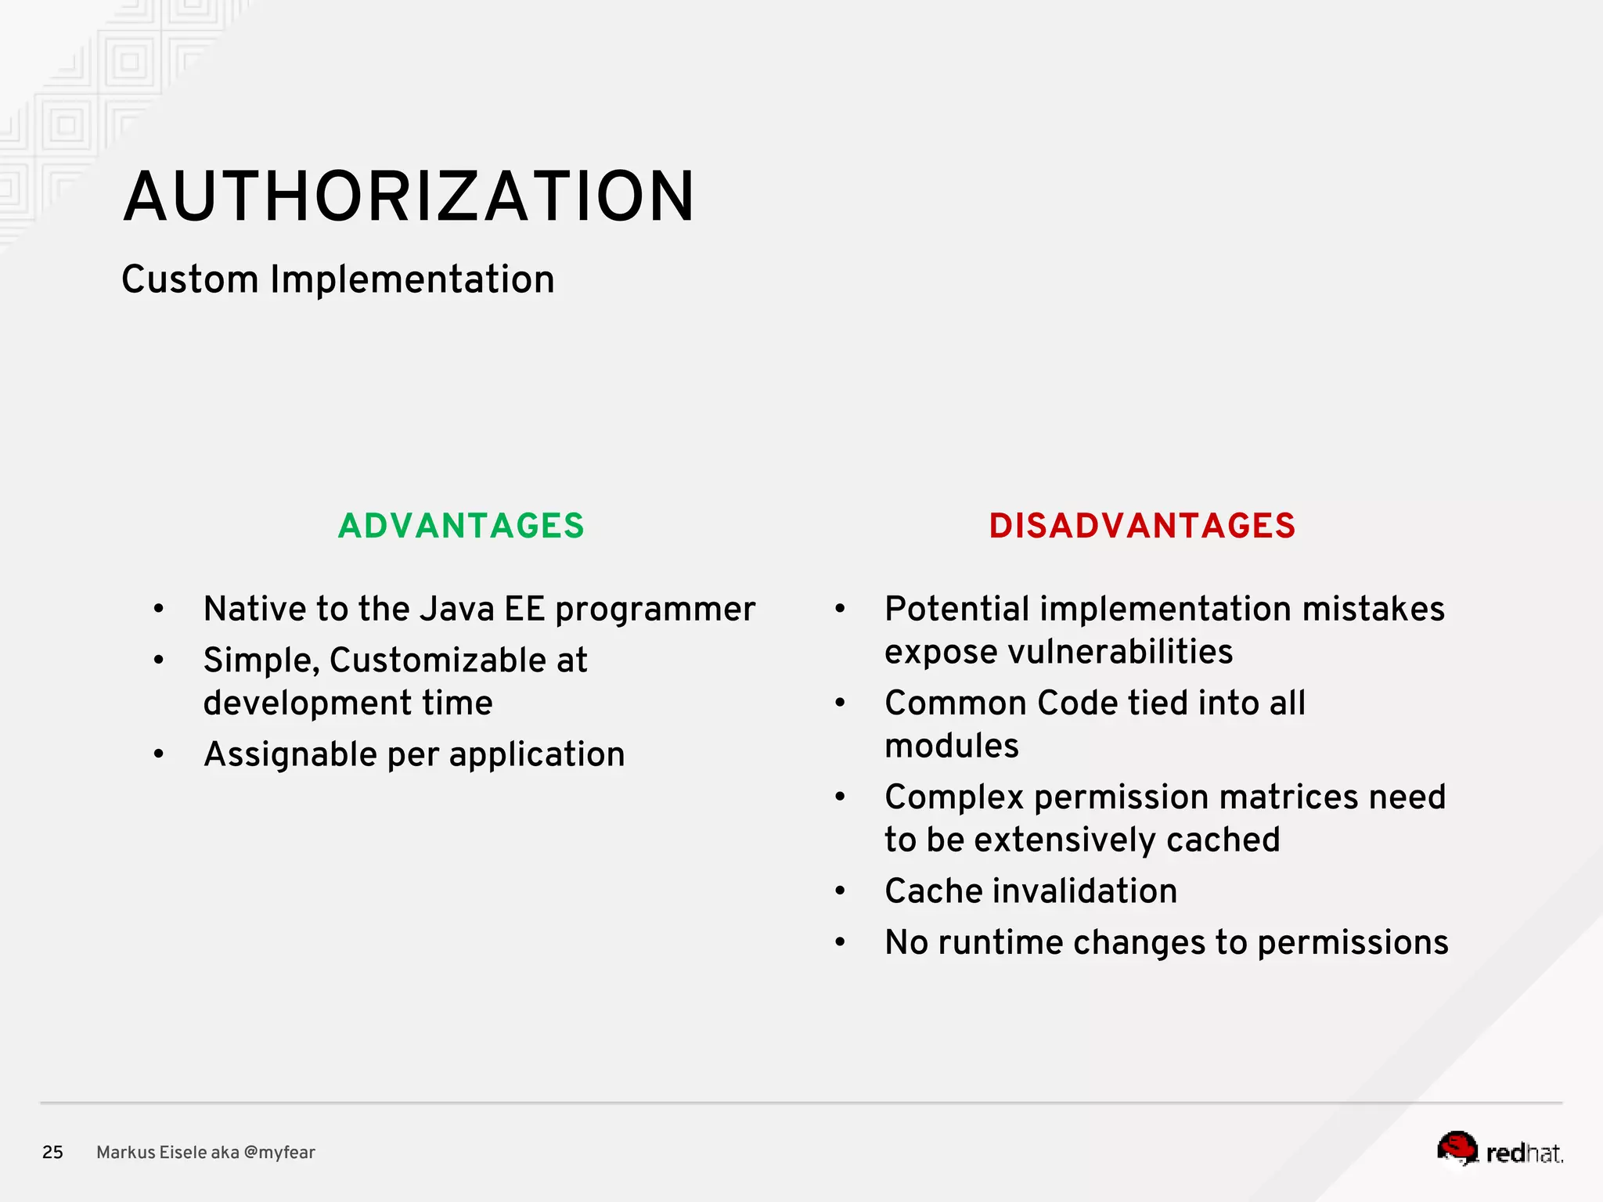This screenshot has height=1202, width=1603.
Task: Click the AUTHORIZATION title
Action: tap(409, 196)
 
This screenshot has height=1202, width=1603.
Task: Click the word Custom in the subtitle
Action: tap(189, 279)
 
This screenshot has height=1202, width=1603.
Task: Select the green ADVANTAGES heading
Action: tap(461, 526)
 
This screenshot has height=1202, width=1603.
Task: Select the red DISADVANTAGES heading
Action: tap(1142, 526)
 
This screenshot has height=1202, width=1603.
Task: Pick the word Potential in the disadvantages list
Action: tap(956, 609)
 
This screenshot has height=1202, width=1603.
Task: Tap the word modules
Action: tap(952, 746)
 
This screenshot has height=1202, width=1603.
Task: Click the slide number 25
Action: tap(52, 1152)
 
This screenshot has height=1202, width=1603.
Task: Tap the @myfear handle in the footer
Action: tap(279, 1152)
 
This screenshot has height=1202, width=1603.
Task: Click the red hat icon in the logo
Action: tap(1457, 1148)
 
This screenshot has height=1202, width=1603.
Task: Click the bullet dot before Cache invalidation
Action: tap(840, 891)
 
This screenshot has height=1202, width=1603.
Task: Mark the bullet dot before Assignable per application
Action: tap(159, 754)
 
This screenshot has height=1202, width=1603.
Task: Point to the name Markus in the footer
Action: tap(121, 1152)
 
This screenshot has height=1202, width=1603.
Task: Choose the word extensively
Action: tap(1064, 840)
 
